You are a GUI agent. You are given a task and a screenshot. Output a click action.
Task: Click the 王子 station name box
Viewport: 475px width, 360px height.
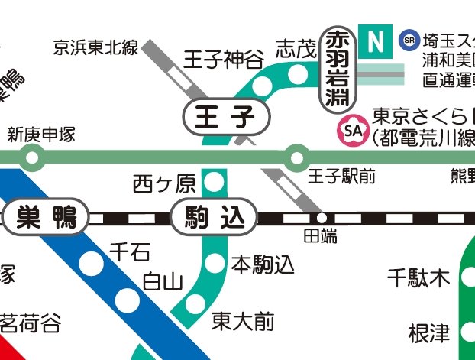point(228,118)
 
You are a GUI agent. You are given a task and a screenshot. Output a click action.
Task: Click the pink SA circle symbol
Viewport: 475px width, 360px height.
point(353,131)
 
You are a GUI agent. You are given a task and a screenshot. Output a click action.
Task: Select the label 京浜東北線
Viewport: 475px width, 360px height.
point(95,48)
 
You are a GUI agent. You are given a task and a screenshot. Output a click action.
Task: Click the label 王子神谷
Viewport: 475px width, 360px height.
point(224,59)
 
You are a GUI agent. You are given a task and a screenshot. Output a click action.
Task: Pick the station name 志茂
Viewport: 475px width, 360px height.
point(295,48)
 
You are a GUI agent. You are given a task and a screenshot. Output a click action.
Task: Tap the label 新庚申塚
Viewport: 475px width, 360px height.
point(41,135)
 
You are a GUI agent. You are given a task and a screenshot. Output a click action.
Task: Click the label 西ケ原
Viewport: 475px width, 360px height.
point(164,183)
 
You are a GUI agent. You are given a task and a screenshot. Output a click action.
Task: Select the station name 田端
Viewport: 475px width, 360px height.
point(321,236)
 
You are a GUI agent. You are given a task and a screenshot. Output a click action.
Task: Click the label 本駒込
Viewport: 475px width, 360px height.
point(263,265)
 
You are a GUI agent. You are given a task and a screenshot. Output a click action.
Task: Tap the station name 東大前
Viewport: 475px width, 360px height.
point(243,321)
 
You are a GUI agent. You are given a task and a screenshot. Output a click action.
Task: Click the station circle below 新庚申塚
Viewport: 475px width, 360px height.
point(31,159)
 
